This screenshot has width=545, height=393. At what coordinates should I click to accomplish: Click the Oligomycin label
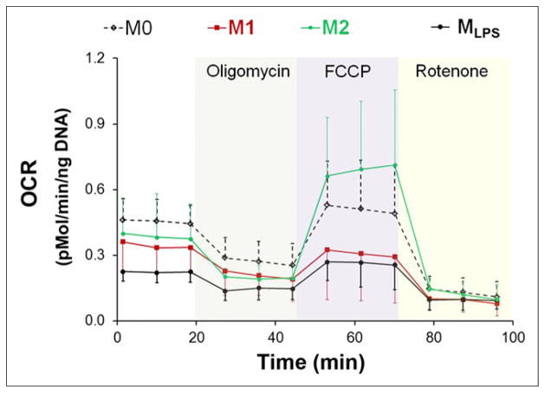coord(247,73)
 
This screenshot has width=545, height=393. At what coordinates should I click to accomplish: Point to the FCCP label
coord(347,73)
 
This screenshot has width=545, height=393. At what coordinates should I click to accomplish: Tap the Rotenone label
coord(456,73)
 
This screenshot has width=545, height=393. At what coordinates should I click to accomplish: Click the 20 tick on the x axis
coord(197,337)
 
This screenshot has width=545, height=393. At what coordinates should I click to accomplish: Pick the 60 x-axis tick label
coord(355,337)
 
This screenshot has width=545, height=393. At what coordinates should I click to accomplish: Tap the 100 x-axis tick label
coord(514,337)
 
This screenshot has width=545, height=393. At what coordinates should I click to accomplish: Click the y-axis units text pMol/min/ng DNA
coord(53,191)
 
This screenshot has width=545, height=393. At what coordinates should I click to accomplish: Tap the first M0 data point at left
coord(124,220)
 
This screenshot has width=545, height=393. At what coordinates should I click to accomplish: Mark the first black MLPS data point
coord(124,271)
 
